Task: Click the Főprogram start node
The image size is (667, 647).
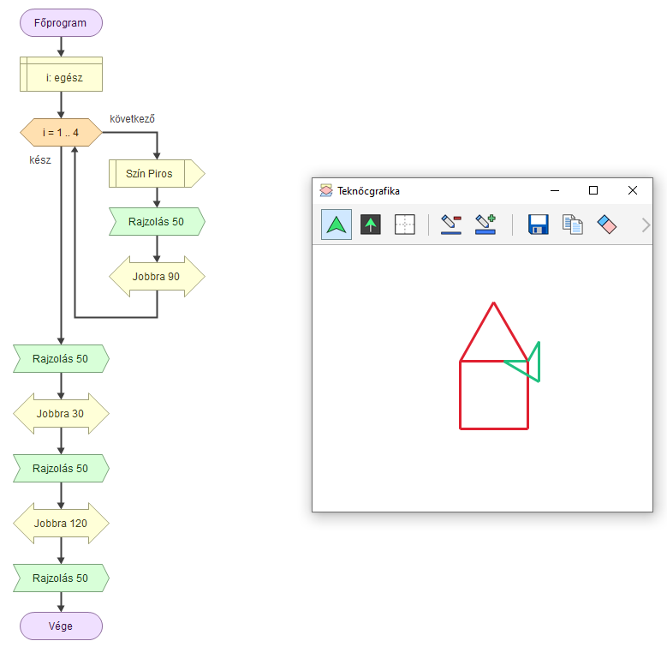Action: (61, 23)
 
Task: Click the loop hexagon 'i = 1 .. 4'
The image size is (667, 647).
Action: (61, 133)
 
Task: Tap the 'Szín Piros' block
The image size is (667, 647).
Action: (155, 173)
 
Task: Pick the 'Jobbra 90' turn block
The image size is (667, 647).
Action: (157, 277)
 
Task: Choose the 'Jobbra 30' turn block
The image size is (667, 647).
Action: (61, 414)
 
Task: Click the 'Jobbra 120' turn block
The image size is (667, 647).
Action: (61, 523)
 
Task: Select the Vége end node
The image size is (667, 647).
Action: (61, 626)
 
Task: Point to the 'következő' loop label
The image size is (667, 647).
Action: (132, 117)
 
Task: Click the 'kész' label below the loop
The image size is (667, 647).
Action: (40, 159)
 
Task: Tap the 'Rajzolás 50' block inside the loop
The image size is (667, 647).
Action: (157, 222)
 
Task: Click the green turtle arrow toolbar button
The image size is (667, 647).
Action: (336, 225)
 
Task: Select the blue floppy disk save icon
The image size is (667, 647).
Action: (538, 225)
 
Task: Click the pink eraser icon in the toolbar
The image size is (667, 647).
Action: (606, 225)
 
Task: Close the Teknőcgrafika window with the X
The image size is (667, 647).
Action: (632, 190)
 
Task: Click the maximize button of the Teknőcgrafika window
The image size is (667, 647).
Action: (593, 190)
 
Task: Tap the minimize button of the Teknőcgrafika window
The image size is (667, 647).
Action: (554, 190)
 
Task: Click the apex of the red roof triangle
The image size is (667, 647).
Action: (494, 303)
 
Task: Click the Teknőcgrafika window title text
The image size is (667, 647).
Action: (368, 191)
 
